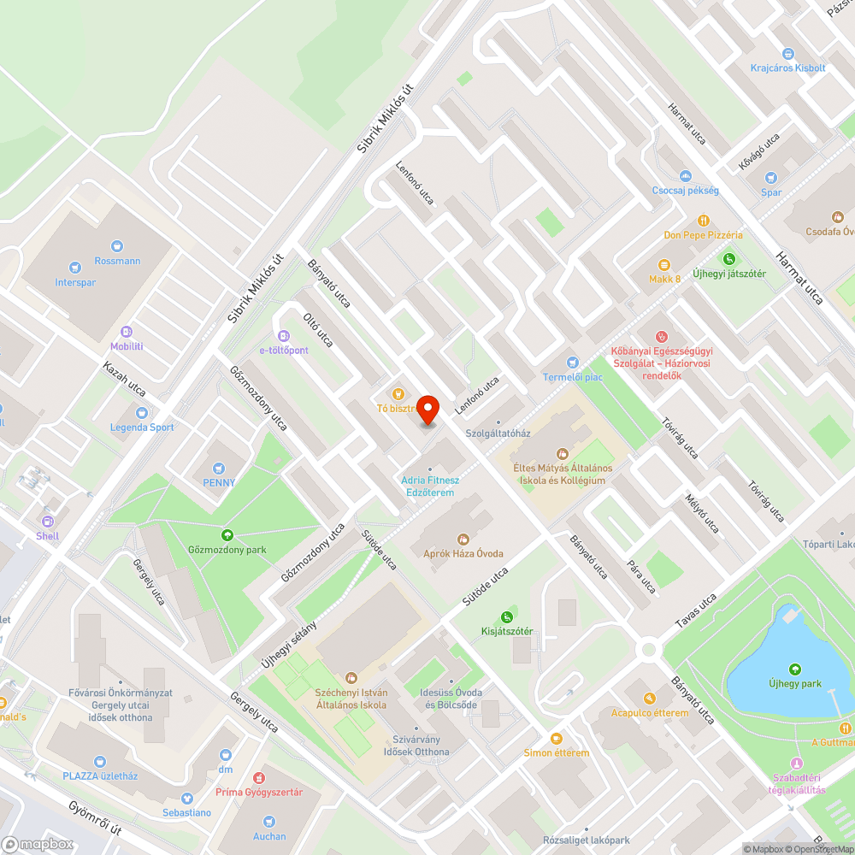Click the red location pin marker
427,409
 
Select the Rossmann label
118,261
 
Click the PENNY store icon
219,468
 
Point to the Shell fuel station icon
48,522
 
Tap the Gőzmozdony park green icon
227,534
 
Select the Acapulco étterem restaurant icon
649,698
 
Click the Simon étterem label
557,752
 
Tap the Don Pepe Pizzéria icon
704,220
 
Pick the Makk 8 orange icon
663,265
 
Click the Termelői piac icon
573,363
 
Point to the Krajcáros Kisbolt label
787,68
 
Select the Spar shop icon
771,178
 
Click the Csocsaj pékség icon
685,175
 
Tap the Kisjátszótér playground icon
507,617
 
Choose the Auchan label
269,836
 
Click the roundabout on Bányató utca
648,649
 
